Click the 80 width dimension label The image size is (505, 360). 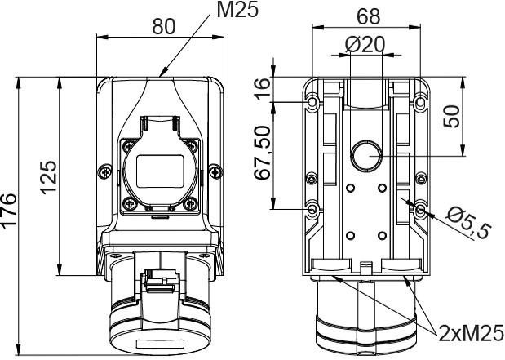click(x=164, y=26)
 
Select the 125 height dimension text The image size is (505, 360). click(x=48, y=178)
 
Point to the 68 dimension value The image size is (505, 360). click(x=369, y=16)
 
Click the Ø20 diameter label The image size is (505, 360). click(x=365, y=44)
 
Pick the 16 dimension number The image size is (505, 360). click(x=262, y=88)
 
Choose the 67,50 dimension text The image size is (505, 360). click(x=262, y=153)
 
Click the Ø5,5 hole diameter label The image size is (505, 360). click(x=469, y=222)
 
